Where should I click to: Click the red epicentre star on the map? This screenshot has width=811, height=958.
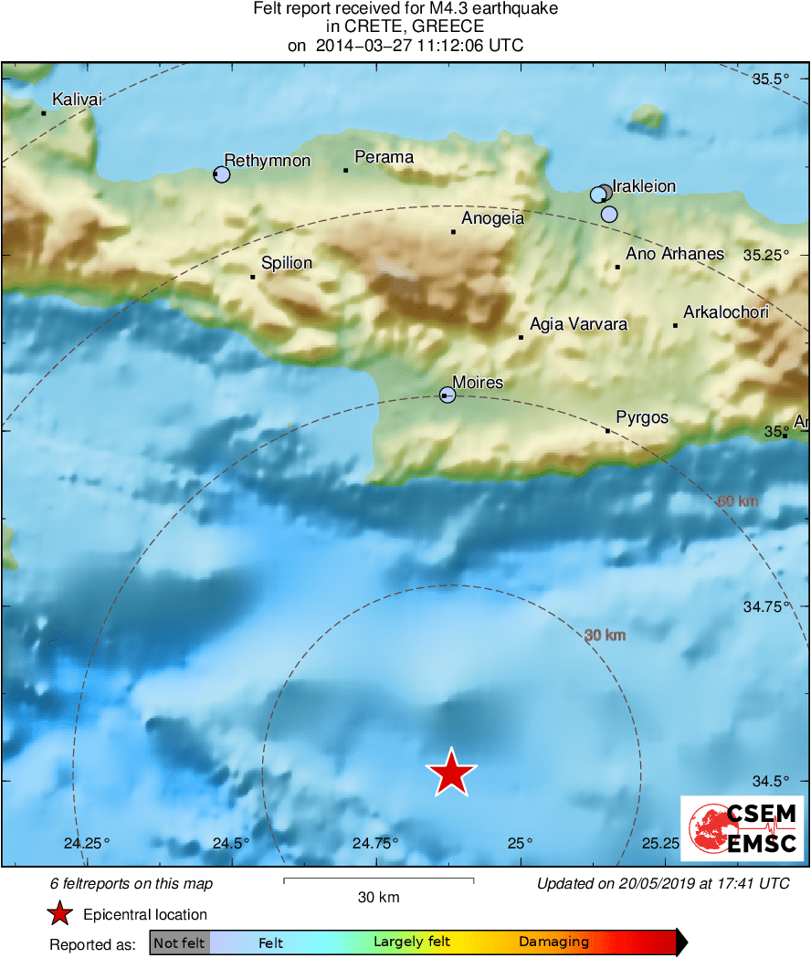click(451, 773)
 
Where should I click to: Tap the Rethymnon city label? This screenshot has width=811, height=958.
click(268, 161)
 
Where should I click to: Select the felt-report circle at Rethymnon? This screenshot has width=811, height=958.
click(222, 174)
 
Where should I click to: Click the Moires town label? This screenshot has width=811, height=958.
click(479, 382)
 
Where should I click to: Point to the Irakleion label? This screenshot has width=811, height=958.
click(644, 186)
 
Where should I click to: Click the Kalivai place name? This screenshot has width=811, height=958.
click(78, 99)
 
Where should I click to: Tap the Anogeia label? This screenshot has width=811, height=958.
click(493, 218)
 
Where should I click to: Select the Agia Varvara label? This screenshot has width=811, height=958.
click(579, 324)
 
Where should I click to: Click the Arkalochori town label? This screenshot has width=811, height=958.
click(726, 312)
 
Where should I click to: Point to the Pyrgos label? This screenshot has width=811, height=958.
click(642, 417)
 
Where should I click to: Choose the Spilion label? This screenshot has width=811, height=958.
click(287, 263)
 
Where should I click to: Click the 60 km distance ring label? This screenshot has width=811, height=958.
click(738, 500)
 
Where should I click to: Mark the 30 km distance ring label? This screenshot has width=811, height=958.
click(605, 635)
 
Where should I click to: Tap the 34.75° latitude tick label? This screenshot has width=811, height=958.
click(766, 605)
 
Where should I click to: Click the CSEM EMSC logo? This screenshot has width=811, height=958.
click(742, 828)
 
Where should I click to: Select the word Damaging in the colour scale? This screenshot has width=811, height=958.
click(554, 942)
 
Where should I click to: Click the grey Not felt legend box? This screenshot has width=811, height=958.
click(179, 942)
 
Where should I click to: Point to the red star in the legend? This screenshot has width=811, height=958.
click(60, 913)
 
